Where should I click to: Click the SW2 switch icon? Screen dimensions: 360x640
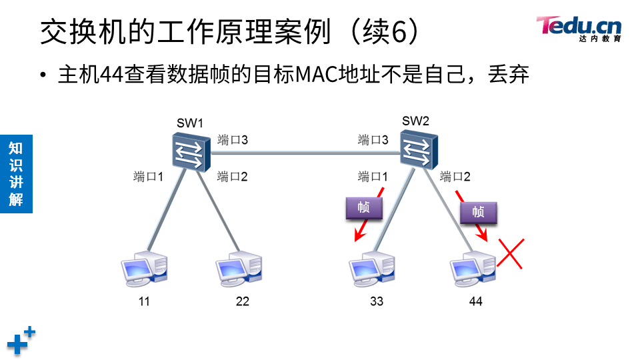(419, 147)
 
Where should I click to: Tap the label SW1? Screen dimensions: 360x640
(189, 123)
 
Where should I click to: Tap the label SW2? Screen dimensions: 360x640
(415, 121)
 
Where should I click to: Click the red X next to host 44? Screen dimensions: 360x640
(511, 254)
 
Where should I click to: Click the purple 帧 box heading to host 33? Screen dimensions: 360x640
(364, 209)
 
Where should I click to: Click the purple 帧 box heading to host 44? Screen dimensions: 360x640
(478, 212)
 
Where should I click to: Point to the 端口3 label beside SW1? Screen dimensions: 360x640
(233, 140)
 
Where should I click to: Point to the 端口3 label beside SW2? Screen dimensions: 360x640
(373, 140)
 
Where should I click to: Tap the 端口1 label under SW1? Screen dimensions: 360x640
(148, 177)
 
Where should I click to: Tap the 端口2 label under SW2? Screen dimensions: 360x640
(455, 177)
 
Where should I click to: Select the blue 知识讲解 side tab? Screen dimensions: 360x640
(16, 173)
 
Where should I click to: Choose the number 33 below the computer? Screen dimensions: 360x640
(377, 301)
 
